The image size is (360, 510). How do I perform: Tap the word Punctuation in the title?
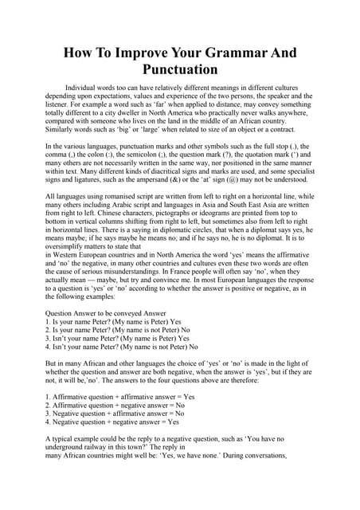[x=180, y=70]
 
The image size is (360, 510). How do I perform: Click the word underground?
[x=69, y=447]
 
